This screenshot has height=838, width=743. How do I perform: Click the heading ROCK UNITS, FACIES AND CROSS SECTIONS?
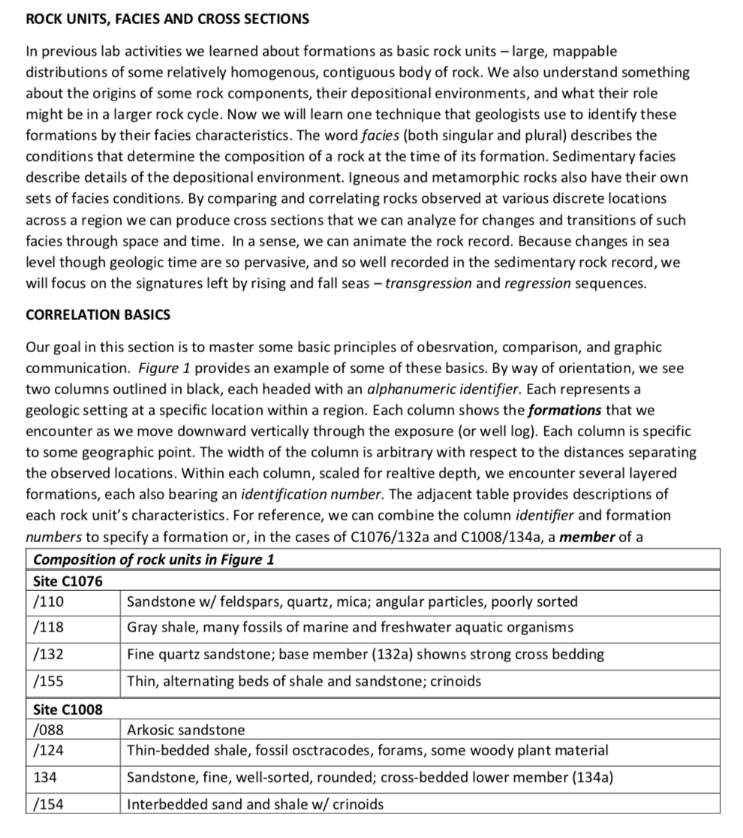point(167,18)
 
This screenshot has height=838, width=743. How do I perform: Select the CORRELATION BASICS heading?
point(98,315)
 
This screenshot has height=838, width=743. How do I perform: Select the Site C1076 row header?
point(68,581)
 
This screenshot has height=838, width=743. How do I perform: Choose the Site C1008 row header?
point(68,710)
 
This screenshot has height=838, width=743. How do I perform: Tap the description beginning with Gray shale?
point(350,627)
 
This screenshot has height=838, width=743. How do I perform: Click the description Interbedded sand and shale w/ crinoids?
point(255,803)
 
